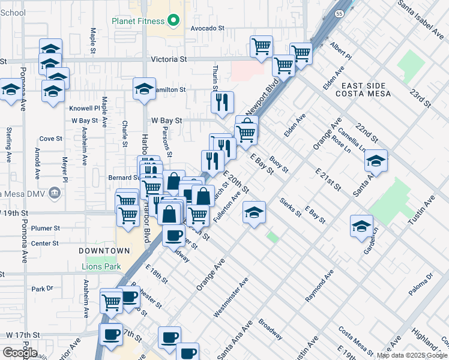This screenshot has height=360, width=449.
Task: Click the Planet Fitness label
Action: click(137, 22)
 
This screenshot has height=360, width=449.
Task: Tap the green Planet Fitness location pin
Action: click(174, 21)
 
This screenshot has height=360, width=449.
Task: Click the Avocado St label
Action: click(207, 28)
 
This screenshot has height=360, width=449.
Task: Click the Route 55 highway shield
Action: click(340, 13)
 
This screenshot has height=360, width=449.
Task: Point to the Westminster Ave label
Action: click(231, 298)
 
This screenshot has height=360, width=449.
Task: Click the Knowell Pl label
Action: click(84, 109)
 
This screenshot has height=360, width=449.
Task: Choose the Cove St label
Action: click(51, 139)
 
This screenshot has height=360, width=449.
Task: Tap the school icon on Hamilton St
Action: click(144, 89)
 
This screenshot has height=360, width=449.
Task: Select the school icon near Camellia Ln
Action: click(376, 161)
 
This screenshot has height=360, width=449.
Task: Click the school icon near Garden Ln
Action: click(361, 226)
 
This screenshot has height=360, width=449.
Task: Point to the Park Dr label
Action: click(43, 289)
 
